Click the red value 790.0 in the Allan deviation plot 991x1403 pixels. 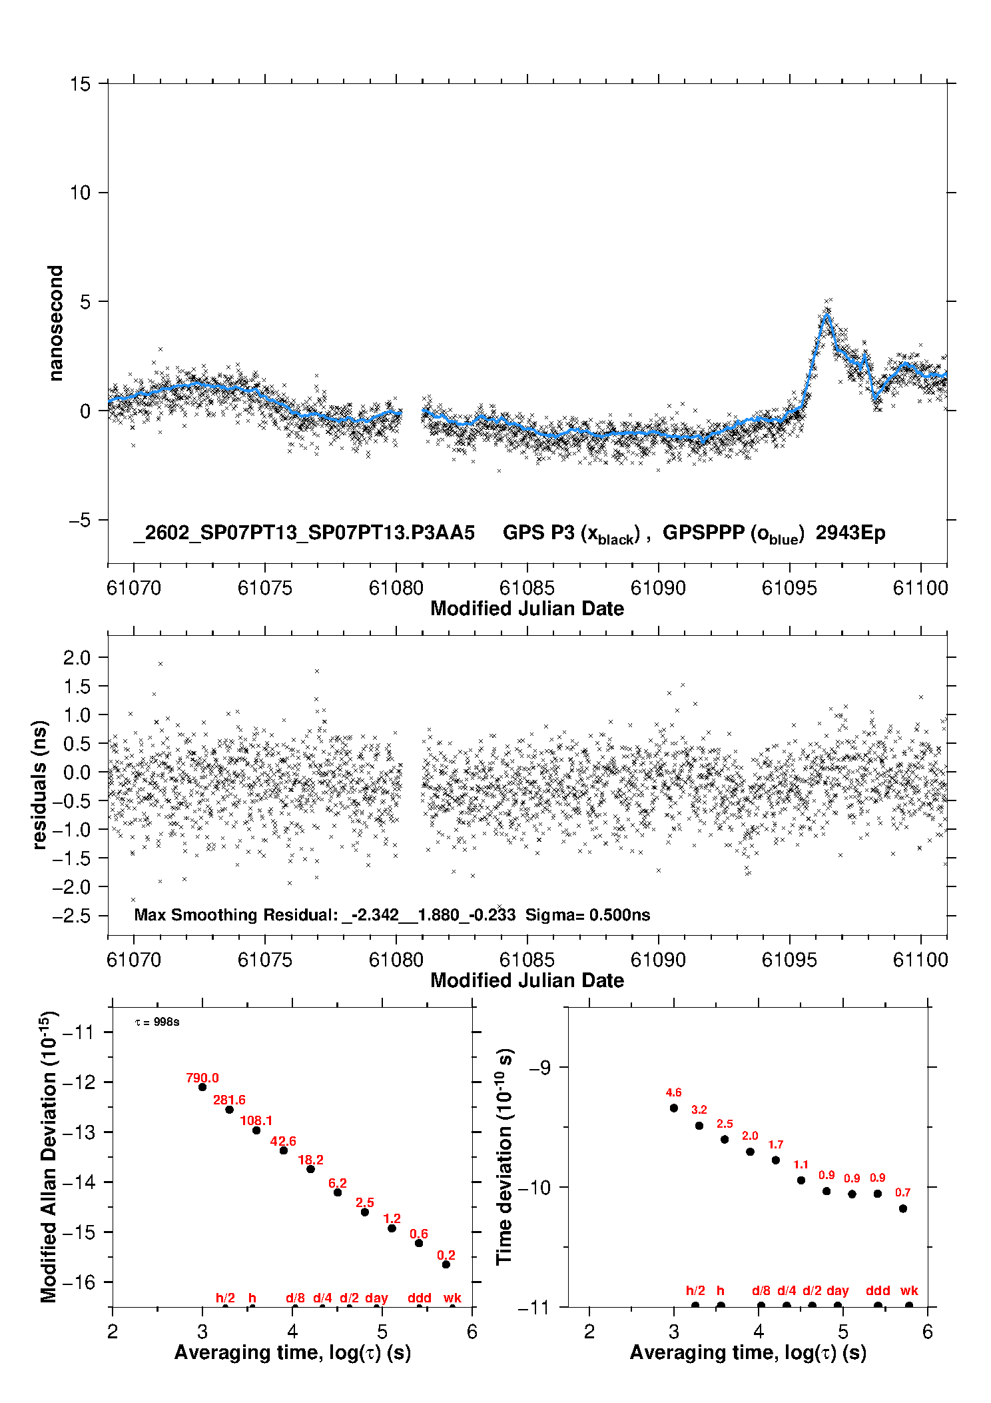(x=202, y=1078)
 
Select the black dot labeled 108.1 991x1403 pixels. (x=256, y=1130)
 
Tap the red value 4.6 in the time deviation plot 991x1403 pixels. (x=673, y=1092)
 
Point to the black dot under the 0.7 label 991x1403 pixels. (x=902, y=1208)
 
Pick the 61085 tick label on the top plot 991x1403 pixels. (x=527, y=588)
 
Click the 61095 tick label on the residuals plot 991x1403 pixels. (x=789, y=960)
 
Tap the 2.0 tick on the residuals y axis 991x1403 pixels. (x=77, y=658)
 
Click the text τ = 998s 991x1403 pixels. (x=157, y=1022)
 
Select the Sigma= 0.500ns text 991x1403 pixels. (x=587, y=914)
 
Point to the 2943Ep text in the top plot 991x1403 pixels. (x=850, y=533)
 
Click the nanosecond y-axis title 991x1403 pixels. (x=56, y=323)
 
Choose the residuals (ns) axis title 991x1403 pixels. (x=40, y=784)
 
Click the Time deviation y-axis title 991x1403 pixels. (x=504, y=1157)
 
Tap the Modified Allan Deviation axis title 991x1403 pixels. (x=49, y=1156)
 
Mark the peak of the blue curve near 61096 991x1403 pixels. (x=826, y=315)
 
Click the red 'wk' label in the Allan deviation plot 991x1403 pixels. (x=452, y=1298)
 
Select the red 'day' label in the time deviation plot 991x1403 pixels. (x=837, y=1290)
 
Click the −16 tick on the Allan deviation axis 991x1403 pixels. (x=79, y=1282)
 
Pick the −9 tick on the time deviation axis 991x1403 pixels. (x=539, y=1067)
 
